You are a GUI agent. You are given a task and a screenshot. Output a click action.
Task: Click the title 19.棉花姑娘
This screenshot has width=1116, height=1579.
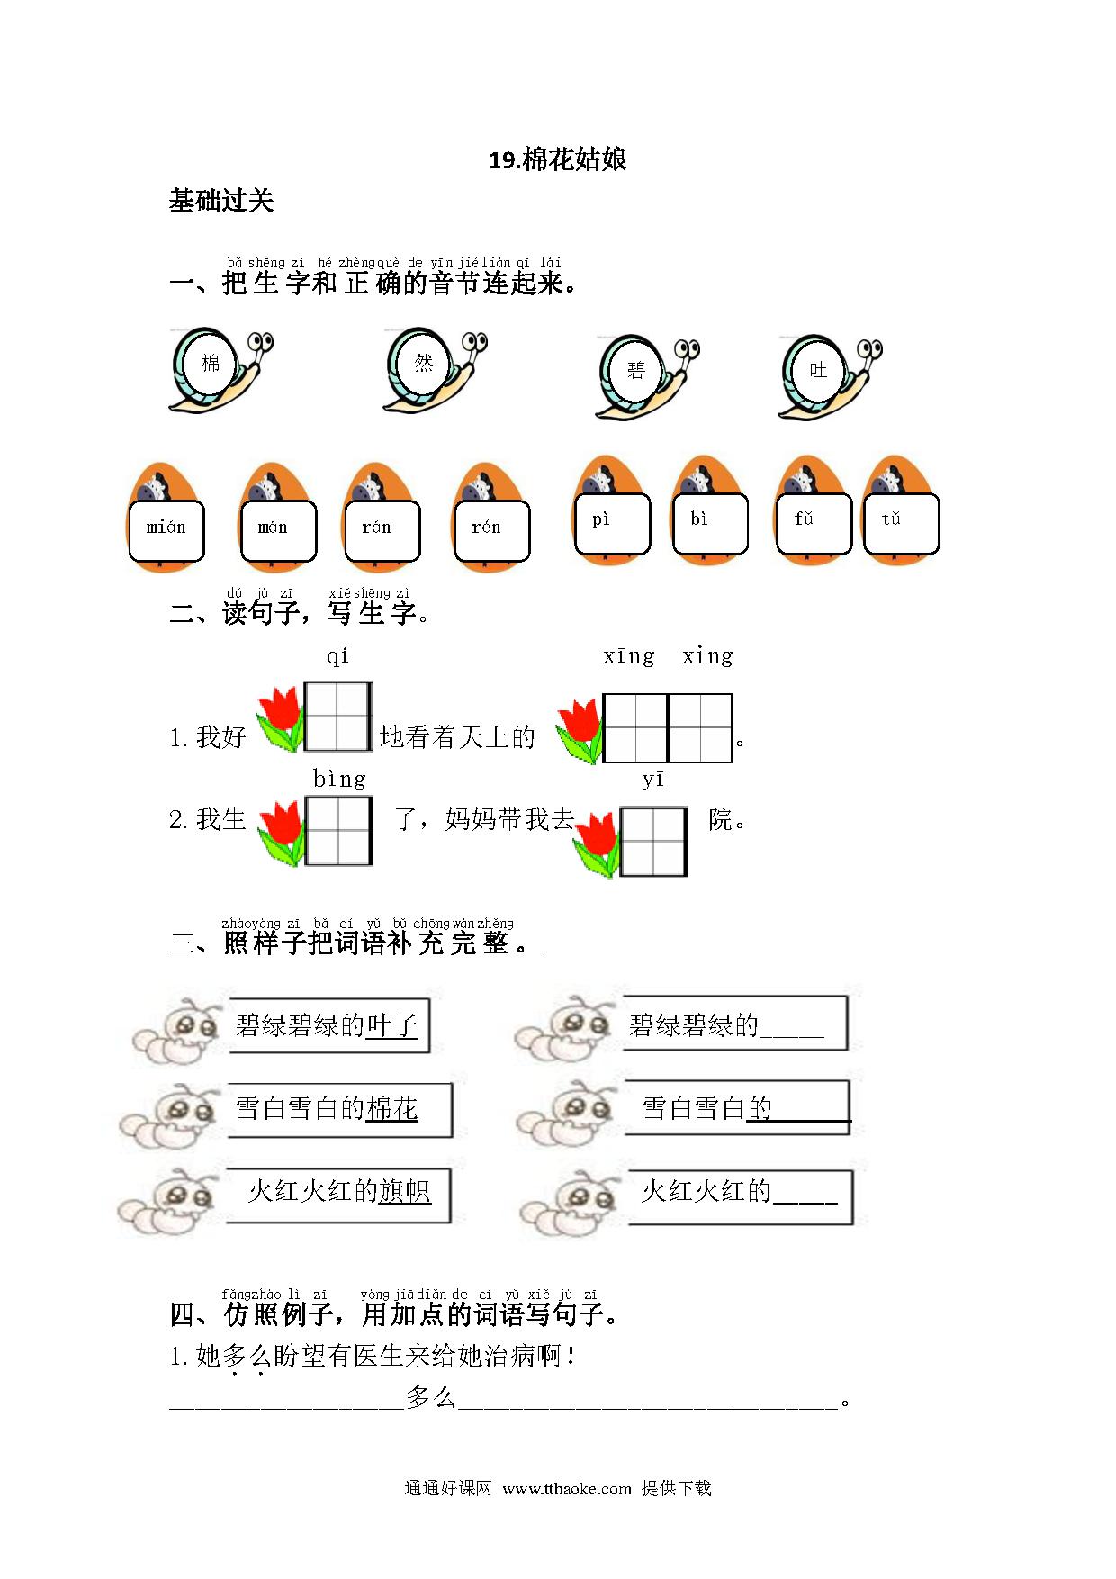pyautogui.click(x=557, y=160)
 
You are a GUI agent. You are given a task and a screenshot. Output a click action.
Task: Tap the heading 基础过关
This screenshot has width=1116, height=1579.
pyautogui.click(x=221, y=200)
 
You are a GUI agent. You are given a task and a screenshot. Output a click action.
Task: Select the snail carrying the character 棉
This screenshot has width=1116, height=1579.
pyautogui.click(x=220, y=370)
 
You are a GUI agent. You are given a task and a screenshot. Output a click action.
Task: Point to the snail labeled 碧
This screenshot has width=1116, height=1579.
pyautogui.click(x=647, y=378)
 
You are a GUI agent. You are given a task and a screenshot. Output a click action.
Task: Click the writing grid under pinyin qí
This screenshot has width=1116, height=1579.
pyautogui.click(x=337, y=717)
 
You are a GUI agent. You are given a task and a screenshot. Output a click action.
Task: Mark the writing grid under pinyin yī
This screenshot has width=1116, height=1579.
pyautogui.click(x=654, y=842)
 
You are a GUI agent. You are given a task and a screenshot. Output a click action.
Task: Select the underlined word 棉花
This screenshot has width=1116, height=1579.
pyautogui.click(x=392, y=1108)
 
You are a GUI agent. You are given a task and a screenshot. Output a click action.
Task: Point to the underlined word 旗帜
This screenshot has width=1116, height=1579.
pyautogui.click(x=405, y=1191)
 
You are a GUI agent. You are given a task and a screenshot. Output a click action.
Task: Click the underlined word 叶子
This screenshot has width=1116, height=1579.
pyautogui.click(x=392, y=1025)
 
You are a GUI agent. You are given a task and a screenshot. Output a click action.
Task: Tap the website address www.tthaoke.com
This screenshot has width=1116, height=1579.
pyautogui.click(x=567, y=1488)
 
